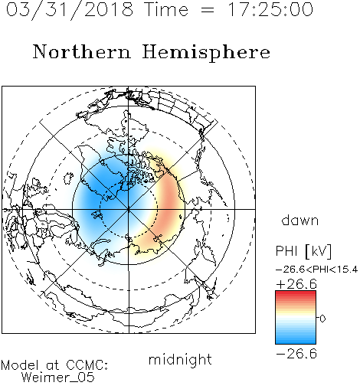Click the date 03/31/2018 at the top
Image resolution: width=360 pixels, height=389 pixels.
[x=70, y=10]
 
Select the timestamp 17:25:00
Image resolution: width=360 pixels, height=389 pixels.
[x=270, y=9]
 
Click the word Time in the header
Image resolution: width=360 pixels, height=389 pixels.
[x=166, y=9]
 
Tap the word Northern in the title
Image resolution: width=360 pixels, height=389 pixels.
[x=82, y=51]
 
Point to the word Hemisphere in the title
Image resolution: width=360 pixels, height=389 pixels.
[x=206, y=53]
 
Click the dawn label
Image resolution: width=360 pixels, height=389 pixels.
[x=300, y=220]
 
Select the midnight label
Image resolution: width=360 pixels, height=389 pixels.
[x=180, y=359]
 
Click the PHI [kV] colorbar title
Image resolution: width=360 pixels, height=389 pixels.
[x=303, y=251]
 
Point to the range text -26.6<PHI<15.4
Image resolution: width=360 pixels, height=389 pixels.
[x=316, y=270]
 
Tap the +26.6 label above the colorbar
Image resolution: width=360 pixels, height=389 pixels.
[x=296, y=284]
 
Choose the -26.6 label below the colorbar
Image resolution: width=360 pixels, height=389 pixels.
[x=296, y=354]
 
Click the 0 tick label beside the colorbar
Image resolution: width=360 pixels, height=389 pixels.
[x=322, y=319]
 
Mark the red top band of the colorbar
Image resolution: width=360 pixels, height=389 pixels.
[x=296, y=293]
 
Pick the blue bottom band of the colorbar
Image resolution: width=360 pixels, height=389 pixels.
[x=296, y=341]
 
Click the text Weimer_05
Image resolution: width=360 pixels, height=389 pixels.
[x=58, y=378]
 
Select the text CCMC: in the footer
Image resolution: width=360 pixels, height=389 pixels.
[x=87, y=365]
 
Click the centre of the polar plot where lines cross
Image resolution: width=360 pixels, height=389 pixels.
[x=129, y=209]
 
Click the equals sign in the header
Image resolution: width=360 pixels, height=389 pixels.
[x=208, y=10]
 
